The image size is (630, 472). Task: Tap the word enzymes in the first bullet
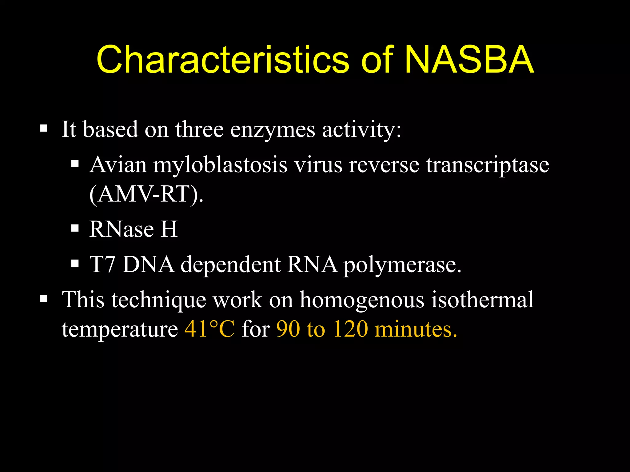[273, 130]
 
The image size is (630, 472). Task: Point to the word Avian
[118, 165]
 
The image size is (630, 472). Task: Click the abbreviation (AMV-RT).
[146, 194]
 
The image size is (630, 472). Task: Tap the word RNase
[122, 229]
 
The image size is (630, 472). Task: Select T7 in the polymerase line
[102, 264]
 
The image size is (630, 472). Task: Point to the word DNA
[148, 264]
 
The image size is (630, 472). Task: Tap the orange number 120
[350, 329]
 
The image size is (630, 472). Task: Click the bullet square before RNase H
[75, 228]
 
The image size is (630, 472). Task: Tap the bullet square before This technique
[43, 299]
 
